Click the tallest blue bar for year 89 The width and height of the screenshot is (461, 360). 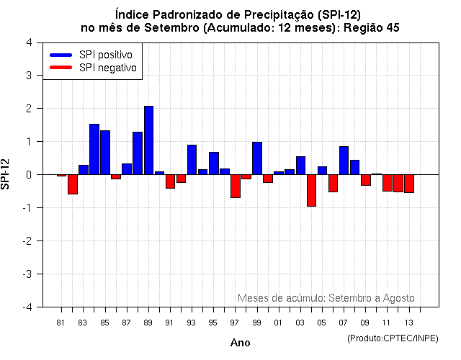click(148, 140)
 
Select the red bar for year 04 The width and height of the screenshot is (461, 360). click(311, 190)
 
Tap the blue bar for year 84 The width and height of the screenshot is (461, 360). click(94, 149)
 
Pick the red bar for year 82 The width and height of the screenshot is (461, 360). click(73, 184)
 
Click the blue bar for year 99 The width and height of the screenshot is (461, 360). click(257, 158)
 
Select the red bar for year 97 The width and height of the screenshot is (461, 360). click(236, 186)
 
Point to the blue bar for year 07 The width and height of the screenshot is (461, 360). click(344, 160)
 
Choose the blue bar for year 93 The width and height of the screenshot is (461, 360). click(192, 159)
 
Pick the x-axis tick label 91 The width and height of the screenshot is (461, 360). click(170, 322)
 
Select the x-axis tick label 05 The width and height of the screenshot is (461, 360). click(322, 322)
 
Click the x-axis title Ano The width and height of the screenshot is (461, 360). click(240, 343)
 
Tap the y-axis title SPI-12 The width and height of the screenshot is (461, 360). click(6, 174)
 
